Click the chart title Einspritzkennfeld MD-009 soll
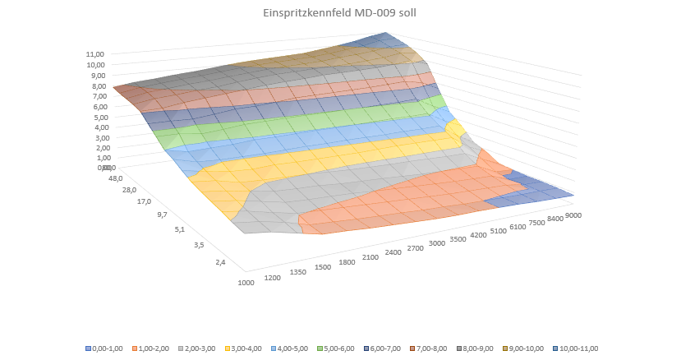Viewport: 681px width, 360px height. pos(339,14)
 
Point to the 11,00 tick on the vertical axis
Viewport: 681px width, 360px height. pos(95,54)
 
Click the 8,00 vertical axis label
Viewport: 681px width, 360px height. pos(97,85)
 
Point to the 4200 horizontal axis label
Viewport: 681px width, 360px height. pos(478,233)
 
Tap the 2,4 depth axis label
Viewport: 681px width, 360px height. pos(219,262)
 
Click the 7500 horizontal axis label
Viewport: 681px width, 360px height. pos(538,220)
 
